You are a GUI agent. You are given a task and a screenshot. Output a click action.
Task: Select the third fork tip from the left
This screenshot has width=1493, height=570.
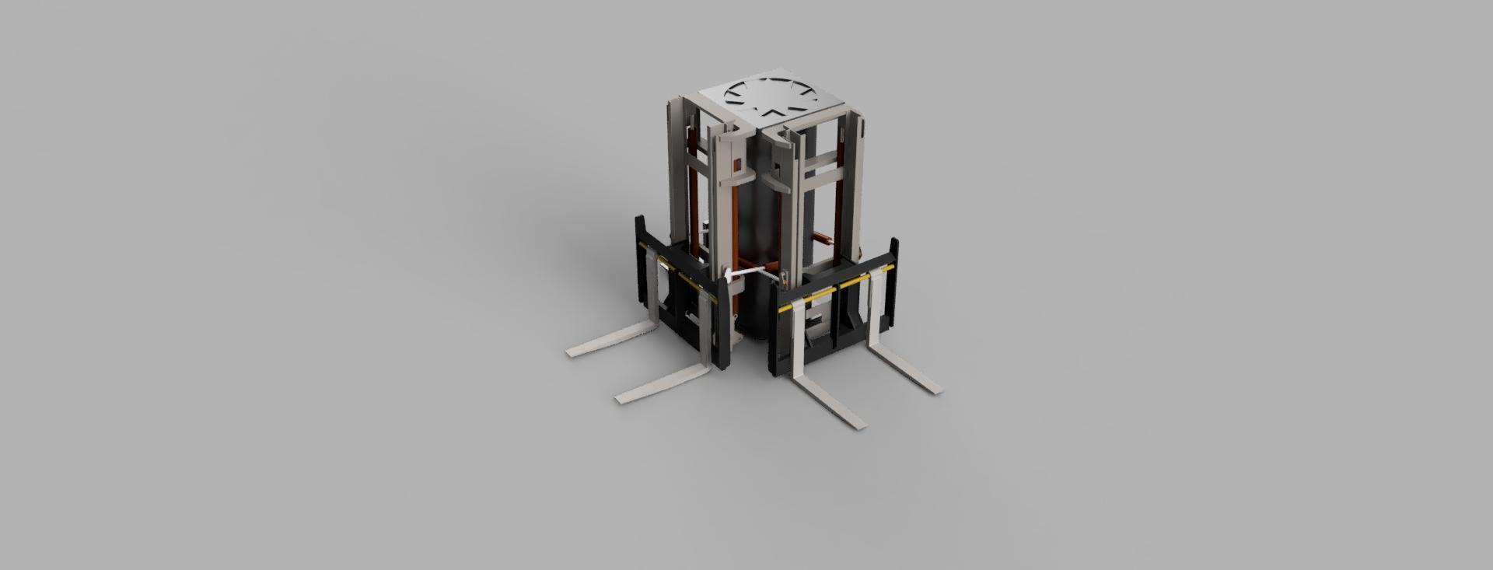[x=857, y=424]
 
